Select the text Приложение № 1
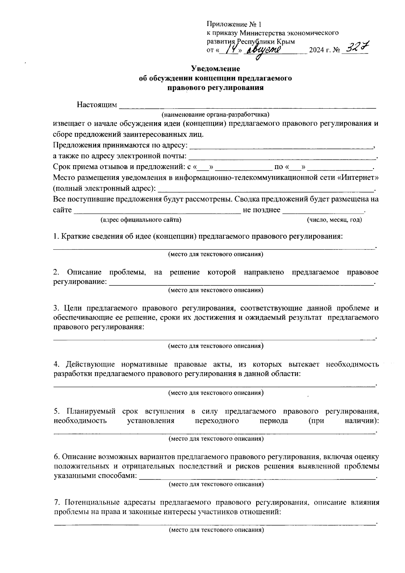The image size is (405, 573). [x=234, y=24]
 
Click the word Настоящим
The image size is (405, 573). [x=97, y=105]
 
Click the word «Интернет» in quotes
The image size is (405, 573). [x=358, y=178]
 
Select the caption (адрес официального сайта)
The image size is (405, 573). [x=141, y=220]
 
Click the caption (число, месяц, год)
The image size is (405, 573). [x=334, y=220]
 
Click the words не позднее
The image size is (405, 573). [x=262, y=210]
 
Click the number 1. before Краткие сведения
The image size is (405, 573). [x=56, y=237]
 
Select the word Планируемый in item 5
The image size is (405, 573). [x=91, y=411]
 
